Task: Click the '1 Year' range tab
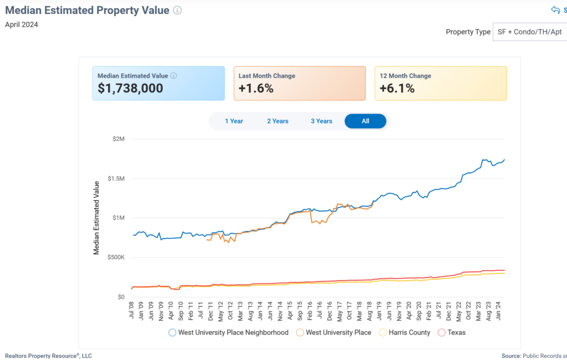click(234, 121)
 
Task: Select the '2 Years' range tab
click(277, 121)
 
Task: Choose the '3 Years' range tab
click(321, 121)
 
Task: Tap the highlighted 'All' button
click(365, 121)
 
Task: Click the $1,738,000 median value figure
click(130, 88)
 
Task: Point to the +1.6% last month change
click(256, 88)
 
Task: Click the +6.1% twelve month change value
click(397, 88)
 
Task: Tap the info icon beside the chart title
click(177, 11)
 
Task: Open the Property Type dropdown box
click(529, 32)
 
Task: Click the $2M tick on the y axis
click(118, 139)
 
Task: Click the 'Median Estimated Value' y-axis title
click(96, 218)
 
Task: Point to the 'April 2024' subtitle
click(22, 24)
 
